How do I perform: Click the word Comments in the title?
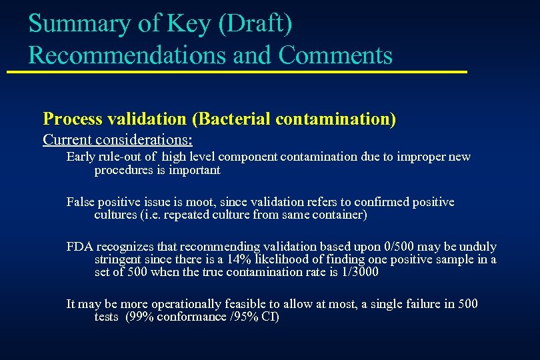[x=335, y=55]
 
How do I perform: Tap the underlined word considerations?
[x=149, y=140]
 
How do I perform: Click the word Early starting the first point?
[x=81, y=157]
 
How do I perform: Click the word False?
[x=81, y=202]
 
